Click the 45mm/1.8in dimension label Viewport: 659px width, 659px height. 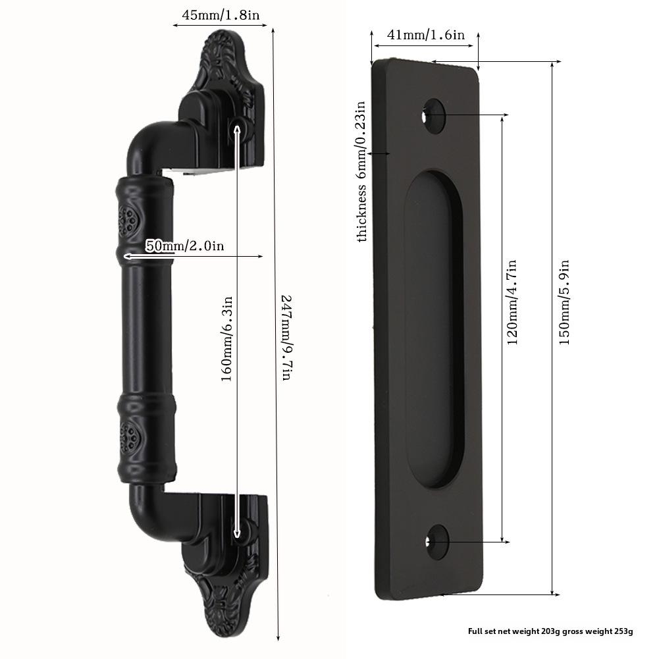click(221, 16)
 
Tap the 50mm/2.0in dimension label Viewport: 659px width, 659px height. click(184, 246)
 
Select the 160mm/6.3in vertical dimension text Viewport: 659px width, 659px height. click(227, 339)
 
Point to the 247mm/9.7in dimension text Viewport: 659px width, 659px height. click(286, 338)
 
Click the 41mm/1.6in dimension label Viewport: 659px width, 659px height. click(426, 34)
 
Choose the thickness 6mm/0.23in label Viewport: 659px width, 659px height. click(361, 171)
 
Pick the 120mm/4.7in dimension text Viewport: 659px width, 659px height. click(512, 302)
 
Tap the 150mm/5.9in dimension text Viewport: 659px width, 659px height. click(564, 302)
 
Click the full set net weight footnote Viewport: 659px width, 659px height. click(550, 631)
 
